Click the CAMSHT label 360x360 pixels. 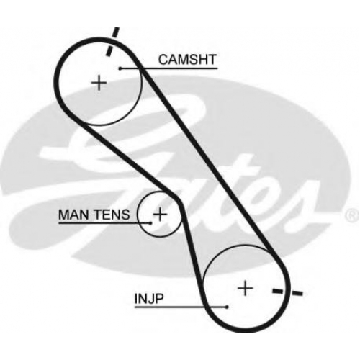point(187,59)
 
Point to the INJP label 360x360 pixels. point(149,298)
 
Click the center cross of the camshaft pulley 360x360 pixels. point(99,84)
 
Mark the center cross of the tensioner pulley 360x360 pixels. point(160,214)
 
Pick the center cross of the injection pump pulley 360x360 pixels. point(245,288)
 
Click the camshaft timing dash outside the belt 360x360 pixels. point(116,32)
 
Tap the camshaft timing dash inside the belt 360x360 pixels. point(109,51)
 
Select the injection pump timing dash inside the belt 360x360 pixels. point(279,292)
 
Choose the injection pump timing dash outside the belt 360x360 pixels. point(297,293)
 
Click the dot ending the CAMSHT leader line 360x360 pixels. point(120,68)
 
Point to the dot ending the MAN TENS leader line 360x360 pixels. point(150,223)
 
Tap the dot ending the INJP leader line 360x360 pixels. point(227,307)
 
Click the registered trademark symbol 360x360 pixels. point(353,215)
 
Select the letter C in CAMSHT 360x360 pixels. point(163,59)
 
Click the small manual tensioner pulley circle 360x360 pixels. point(138,215)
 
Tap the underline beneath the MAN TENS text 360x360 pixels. point(104,223)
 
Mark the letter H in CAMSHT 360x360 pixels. point(201,59)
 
